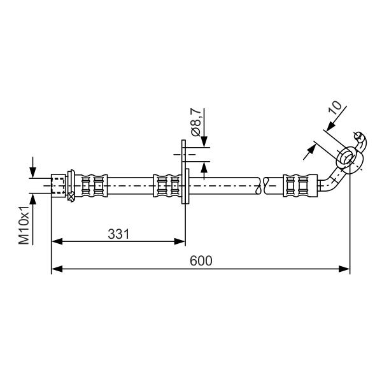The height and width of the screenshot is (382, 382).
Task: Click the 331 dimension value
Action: [x=118, y=234]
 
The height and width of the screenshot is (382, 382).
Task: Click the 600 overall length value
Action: [x=201, y=261]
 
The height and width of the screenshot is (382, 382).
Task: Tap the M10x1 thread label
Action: [x=24, y=225]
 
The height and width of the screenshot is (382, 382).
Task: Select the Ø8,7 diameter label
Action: [x=196, y=122]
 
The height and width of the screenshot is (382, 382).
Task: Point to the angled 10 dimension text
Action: [x=336, y=108]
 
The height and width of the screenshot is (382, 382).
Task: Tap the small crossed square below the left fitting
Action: [x=71, y=197]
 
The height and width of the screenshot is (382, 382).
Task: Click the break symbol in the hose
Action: [x=262, y=186]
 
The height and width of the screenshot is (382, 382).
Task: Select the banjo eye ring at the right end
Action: [x=350, y=160]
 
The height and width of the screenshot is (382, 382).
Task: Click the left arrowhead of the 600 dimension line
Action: [x=57, y=269]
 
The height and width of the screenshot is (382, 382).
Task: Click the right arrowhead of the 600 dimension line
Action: [x=344, y=269]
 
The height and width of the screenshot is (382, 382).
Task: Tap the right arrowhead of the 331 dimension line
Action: [x=180, y=242]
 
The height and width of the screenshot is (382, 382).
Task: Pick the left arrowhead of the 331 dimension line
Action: [x=57, y=242]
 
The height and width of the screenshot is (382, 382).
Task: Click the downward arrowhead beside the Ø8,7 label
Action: [x=204, y=142]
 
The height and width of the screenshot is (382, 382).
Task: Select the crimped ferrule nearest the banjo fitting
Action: [x=300, y=186]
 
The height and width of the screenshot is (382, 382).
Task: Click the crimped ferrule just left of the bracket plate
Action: [x=167, y=186]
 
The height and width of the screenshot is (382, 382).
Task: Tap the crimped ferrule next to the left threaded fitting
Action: [x=91, y=186]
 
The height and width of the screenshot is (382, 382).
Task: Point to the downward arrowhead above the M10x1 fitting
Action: [x=33, y=173]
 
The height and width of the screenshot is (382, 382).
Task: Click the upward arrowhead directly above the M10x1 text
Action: [x=33, y=199]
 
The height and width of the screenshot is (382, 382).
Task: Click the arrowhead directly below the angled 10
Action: [x=331, y=127]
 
